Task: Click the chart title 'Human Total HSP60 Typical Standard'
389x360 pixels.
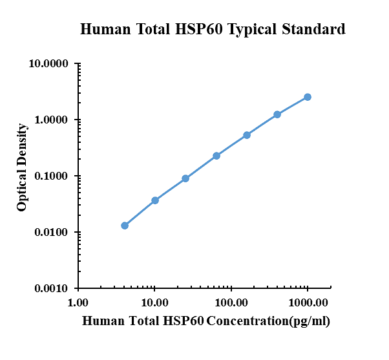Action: tap(212, 29)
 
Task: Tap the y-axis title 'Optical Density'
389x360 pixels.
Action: tap(22, 167)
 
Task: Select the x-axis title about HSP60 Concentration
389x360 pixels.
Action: tap(207, 321)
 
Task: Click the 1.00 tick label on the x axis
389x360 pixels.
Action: tap(78, 302)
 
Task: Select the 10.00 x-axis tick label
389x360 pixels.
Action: tap(154, 302)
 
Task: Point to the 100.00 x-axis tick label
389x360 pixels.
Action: tap(231, 302)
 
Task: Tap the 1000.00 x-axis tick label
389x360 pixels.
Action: tap(308, 302)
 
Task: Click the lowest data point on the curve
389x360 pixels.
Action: tap(125, 226)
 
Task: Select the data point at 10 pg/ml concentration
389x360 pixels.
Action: tap(155, 200)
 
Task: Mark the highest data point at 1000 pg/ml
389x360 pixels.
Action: tap(308, 97)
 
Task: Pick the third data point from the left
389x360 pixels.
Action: tap(185, 178)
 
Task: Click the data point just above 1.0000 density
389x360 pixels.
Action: tap(277, 114)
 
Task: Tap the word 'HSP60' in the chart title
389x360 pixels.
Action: tap(195, 29)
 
